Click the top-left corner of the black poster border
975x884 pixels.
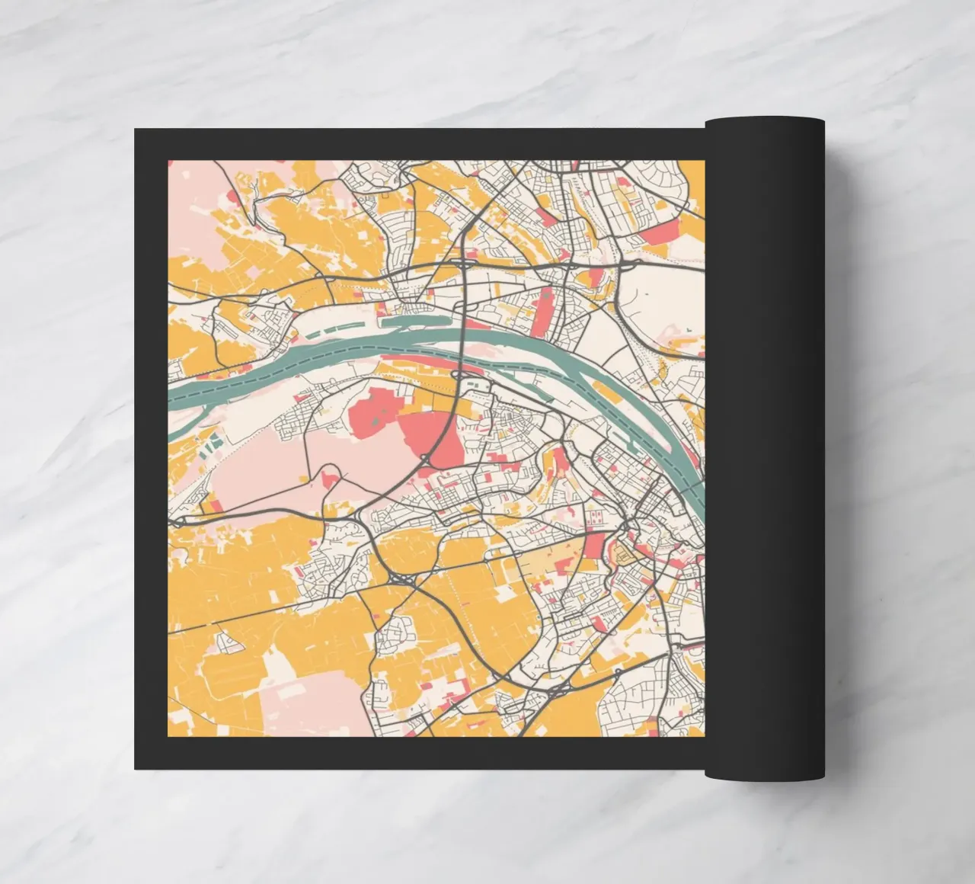[x=136, y=130]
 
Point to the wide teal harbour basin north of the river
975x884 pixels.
[x=415, y=322]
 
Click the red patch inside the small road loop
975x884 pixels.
[x=331, y=478]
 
